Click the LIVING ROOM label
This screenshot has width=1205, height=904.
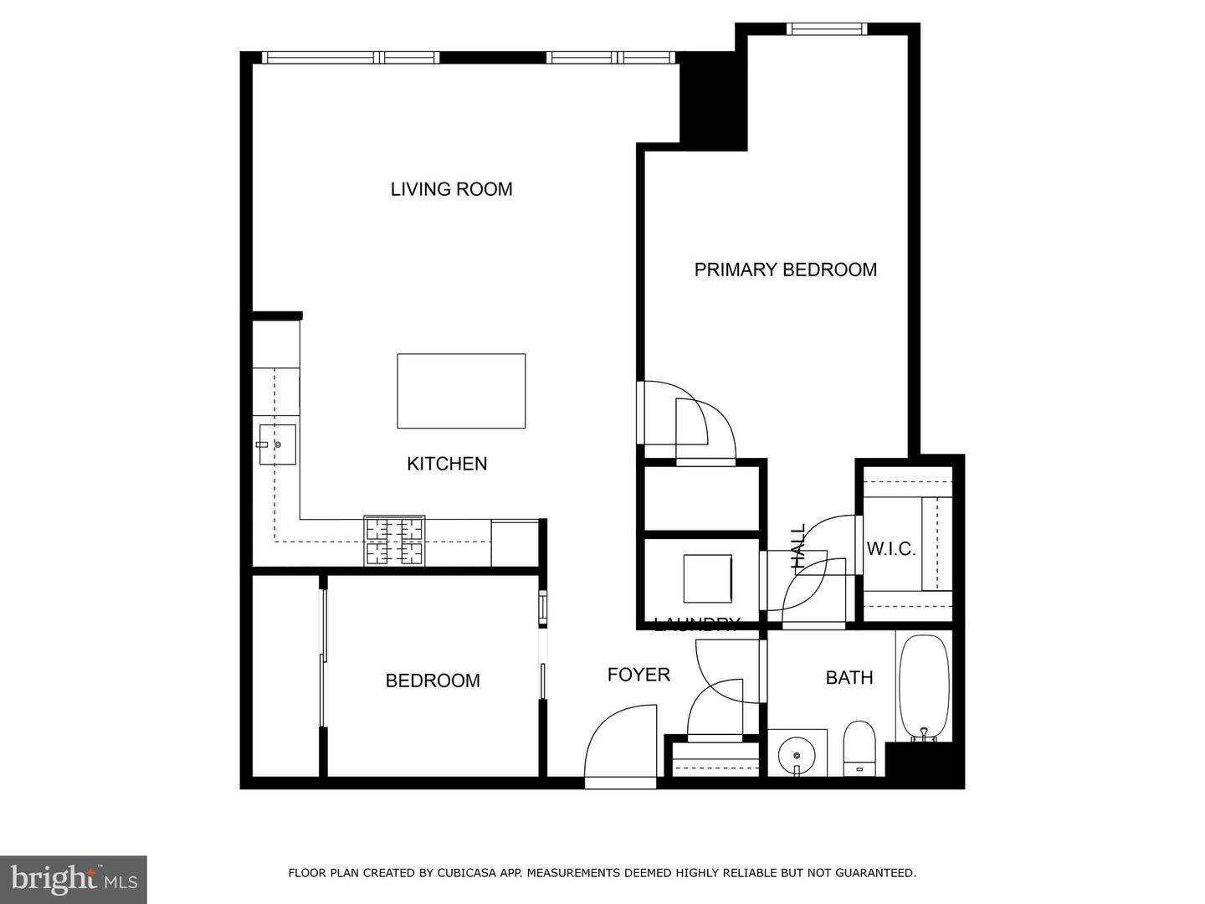[451, 189]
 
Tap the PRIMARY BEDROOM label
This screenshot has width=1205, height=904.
[785, 270]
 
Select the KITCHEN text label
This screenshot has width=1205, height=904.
[447, 464]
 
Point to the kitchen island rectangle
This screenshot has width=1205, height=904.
[461, 391]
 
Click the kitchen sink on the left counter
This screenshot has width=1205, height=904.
[277, 444]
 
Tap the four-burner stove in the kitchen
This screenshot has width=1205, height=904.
[394, 541]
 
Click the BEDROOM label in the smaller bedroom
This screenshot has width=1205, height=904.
[433, 681]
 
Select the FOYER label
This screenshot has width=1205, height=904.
[638, 675]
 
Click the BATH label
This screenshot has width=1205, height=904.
[849, 678]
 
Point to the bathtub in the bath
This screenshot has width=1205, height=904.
[924, 688]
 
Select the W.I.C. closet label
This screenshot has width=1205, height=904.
[890, 550]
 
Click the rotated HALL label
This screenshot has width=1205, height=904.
[798, 547]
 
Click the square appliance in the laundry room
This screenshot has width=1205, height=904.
[707, 578]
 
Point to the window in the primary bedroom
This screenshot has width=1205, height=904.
[826, 29]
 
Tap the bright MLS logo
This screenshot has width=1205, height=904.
[74, 879]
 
